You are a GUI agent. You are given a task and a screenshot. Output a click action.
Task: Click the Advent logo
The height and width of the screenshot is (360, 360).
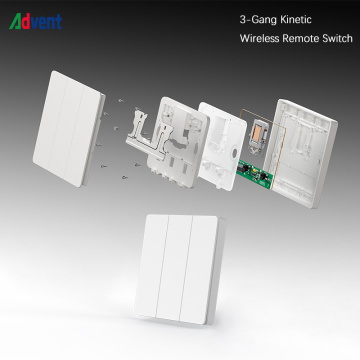[36, 22]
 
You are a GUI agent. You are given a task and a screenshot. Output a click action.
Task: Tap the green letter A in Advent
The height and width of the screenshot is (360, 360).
[16, 22]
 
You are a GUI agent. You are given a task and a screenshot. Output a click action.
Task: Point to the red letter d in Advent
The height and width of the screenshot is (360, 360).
[26, 22]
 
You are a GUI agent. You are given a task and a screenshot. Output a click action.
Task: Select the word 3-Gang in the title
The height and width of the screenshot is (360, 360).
[259, 20]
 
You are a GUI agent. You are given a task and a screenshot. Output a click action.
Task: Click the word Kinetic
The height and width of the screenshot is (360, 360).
[296, 19]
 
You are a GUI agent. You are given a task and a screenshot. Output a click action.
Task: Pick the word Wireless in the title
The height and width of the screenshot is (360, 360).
[259, 38]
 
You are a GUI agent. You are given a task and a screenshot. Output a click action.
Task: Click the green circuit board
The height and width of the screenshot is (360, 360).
[255, 174]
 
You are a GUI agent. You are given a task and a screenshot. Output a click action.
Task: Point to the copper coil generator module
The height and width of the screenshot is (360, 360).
[257, 136]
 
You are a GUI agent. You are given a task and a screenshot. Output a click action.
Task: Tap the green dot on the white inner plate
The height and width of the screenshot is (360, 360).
[234, 153]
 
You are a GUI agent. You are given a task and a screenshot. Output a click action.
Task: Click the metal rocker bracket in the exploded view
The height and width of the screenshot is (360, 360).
[147, 134]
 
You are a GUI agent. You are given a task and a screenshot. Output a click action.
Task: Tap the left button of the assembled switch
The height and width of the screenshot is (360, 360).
[152, 265]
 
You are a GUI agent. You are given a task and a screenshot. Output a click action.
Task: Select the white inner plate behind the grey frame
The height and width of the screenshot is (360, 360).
[221, 146]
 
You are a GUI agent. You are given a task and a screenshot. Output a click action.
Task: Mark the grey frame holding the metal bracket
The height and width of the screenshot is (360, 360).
[177, 142]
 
